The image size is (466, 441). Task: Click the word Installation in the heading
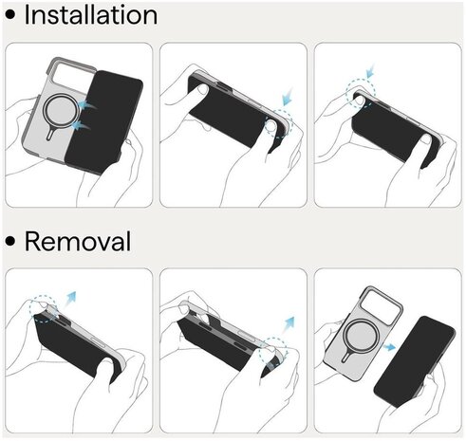[x=91, y=15]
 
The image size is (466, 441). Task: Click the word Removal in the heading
[x=78, y=241]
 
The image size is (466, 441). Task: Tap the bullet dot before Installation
[x=10, y=15]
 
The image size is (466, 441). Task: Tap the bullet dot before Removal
[x=10, y=241]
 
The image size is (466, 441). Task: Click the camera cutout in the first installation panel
[x=71, y=75]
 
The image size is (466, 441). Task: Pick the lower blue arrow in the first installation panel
[x=81, y=126]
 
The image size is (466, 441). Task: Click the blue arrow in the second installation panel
[x=289, y=96]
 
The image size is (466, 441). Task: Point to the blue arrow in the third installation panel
[x=370, y=70]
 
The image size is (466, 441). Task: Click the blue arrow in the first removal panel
[x=70, y=299]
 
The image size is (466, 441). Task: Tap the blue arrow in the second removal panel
[x=289, y=324]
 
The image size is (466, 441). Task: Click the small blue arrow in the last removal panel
[x=389, y=347]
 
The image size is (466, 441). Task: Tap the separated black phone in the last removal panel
[x=415, y=361]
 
